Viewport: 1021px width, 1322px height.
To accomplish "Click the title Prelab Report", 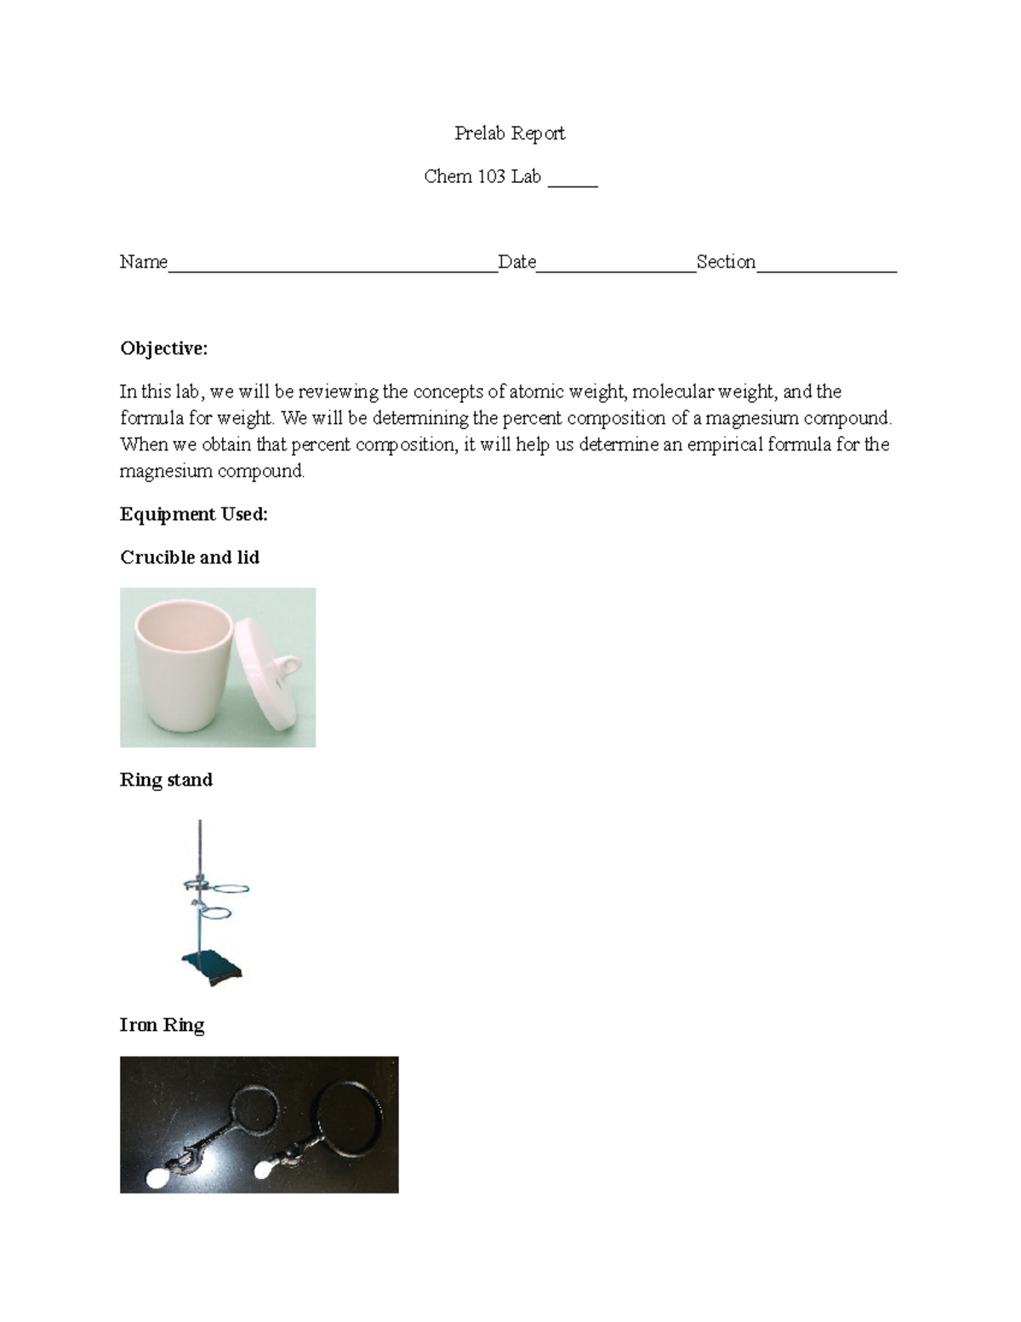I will pos(510,133).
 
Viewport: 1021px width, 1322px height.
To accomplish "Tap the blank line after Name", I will pos(333,270).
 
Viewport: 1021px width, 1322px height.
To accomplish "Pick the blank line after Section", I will pos(826,270).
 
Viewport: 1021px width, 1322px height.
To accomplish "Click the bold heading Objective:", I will pos(163,348).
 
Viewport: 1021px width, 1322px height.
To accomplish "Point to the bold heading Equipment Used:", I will pos(194,514).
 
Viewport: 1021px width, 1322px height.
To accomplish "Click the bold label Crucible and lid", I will pos(190,558).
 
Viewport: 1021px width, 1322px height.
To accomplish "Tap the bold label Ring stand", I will pos(166,780).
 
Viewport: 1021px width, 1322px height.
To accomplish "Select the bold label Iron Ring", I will pos(162,1025).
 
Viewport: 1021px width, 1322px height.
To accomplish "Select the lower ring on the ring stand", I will pos(216,914).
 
